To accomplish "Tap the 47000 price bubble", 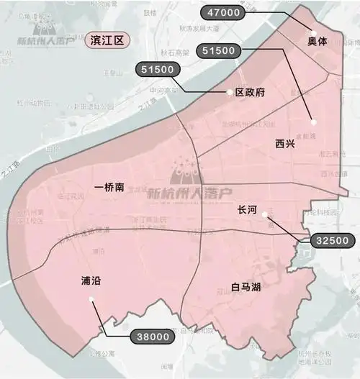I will pyautogui.click(x=225, y=12).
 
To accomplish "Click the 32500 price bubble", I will pyautogui.click(x=332, y=241).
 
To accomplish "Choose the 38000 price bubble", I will pyautogui.click(x=153, y=335).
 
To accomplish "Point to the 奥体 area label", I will pyautogui.click(x=317, y=42).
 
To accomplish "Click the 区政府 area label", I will pyautogui.click(x=251, y=92).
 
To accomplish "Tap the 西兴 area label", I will pyautogui.click(x=285, y=144).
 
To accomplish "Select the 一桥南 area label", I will pyautogui.click(x=109, y=187).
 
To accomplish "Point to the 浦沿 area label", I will pyautogui.click(x=91, y=281).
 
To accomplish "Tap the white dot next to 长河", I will pyautogui.click(x=266, y=214).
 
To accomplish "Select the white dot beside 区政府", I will pyautogui.click(x=230, y=92).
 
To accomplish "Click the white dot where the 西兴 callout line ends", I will pyautogui.click(x=312, y=119).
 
